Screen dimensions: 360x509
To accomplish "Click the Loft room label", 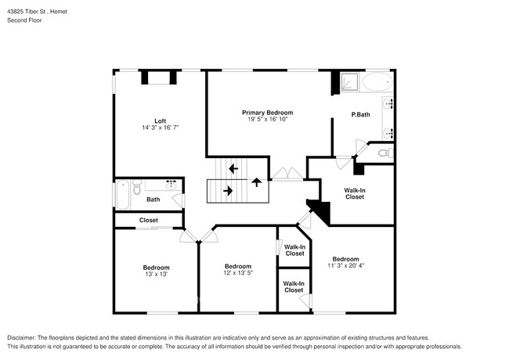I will coord(160,121).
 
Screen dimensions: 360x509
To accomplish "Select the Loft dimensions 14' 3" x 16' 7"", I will coord(160,128).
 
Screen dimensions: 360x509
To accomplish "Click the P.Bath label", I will coord(360,115).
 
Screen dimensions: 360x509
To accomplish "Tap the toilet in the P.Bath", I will coord(384,153).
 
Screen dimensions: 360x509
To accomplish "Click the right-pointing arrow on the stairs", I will coord(228,189).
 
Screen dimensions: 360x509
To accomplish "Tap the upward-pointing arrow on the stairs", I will coord(256,182).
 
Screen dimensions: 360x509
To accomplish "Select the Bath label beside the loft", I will coord(153,200).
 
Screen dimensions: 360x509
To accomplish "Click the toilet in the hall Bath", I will coord(136,188).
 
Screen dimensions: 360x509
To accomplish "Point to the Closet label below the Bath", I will coord(149,220).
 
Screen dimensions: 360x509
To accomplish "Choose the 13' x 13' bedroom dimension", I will coord(156,275).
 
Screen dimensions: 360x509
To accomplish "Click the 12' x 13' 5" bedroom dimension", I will coord(238,273).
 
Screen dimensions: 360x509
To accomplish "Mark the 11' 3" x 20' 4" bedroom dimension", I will coord(345,266).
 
